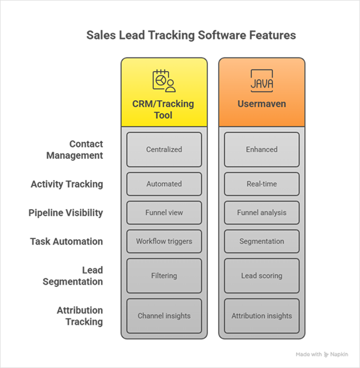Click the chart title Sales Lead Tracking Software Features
click(191, 35)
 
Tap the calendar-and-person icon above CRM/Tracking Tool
click(164, 81)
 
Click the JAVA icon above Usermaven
click(262, 81)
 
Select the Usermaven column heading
click(262, 104)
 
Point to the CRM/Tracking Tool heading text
click(163, 109)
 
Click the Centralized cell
click(164, 150)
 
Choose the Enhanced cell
click(262, 150)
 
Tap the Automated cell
click(164, 184)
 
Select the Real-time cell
click(262, 184)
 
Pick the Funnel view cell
click(164, 212)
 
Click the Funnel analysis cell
click(262, 212)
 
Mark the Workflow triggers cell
click(164, 241)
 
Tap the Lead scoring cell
click(262, 276)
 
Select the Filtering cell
click(164, 276)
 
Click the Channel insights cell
click(164, 316)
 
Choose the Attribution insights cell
click(262, 316)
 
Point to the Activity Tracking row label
click(67, 184)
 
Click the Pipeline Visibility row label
click(66, 213)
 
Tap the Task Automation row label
click(67, 241)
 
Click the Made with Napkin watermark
click(322, 354)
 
